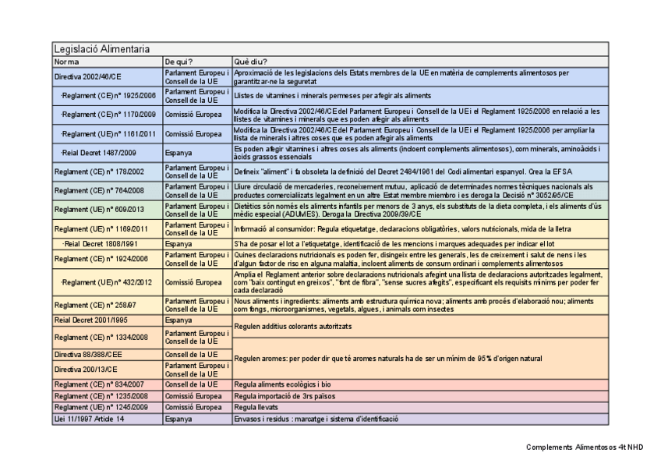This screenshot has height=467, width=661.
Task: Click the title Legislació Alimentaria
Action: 101,49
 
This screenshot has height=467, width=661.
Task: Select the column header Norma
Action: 66,61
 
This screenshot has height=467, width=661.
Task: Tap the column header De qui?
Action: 179,61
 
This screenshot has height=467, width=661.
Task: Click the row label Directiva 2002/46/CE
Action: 88,77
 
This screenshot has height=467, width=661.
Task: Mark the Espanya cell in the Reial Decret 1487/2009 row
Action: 178,153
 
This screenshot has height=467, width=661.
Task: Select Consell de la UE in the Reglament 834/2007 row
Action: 191,384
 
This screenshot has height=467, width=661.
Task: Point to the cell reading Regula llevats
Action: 256,407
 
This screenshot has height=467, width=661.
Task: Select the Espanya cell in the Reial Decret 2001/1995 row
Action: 178,320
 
